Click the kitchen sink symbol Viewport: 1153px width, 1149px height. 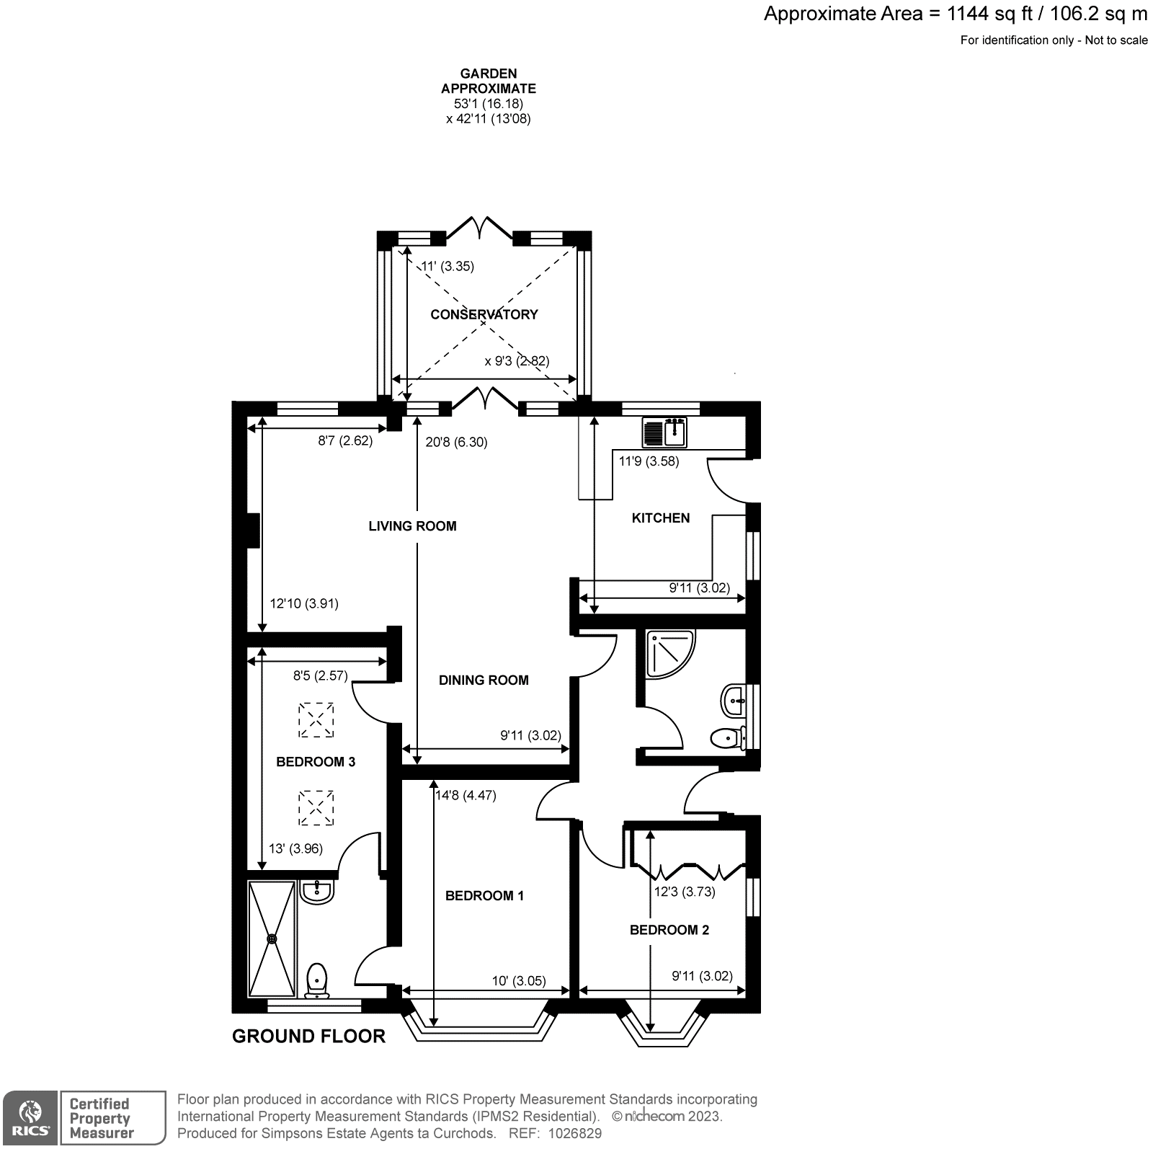(664, 432)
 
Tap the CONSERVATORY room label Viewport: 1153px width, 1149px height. (484, 314)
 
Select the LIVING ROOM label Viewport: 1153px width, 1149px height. (412, 526)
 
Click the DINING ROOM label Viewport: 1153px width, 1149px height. (484, 680)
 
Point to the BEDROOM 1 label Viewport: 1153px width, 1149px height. (484, 895)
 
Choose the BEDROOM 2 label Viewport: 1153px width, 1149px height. (669, 930)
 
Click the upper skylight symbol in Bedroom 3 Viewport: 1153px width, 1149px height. (316, 720)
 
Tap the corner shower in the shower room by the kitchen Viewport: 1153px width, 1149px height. (670, 653)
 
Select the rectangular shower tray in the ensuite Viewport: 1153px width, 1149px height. (272, 939)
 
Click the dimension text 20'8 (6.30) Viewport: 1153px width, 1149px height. (456, 443)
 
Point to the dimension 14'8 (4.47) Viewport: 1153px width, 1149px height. (466, 796)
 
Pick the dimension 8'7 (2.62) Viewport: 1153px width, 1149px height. (345, 441)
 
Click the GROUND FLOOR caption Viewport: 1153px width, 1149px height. (308, 1036)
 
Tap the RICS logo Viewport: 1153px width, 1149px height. (30, 1118)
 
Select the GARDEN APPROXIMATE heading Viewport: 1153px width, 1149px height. (488, 81)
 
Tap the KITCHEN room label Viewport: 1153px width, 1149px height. (660, 518)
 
